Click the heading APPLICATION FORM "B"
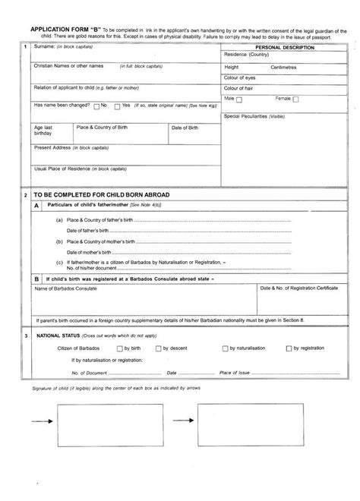click(59, 26)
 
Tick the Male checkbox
click(239, 99)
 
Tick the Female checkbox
click(295, 99)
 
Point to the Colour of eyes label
click(242, 77)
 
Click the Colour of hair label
click(242, 87)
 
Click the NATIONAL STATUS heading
click(61, 335)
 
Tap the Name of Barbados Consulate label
click(66, 289)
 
